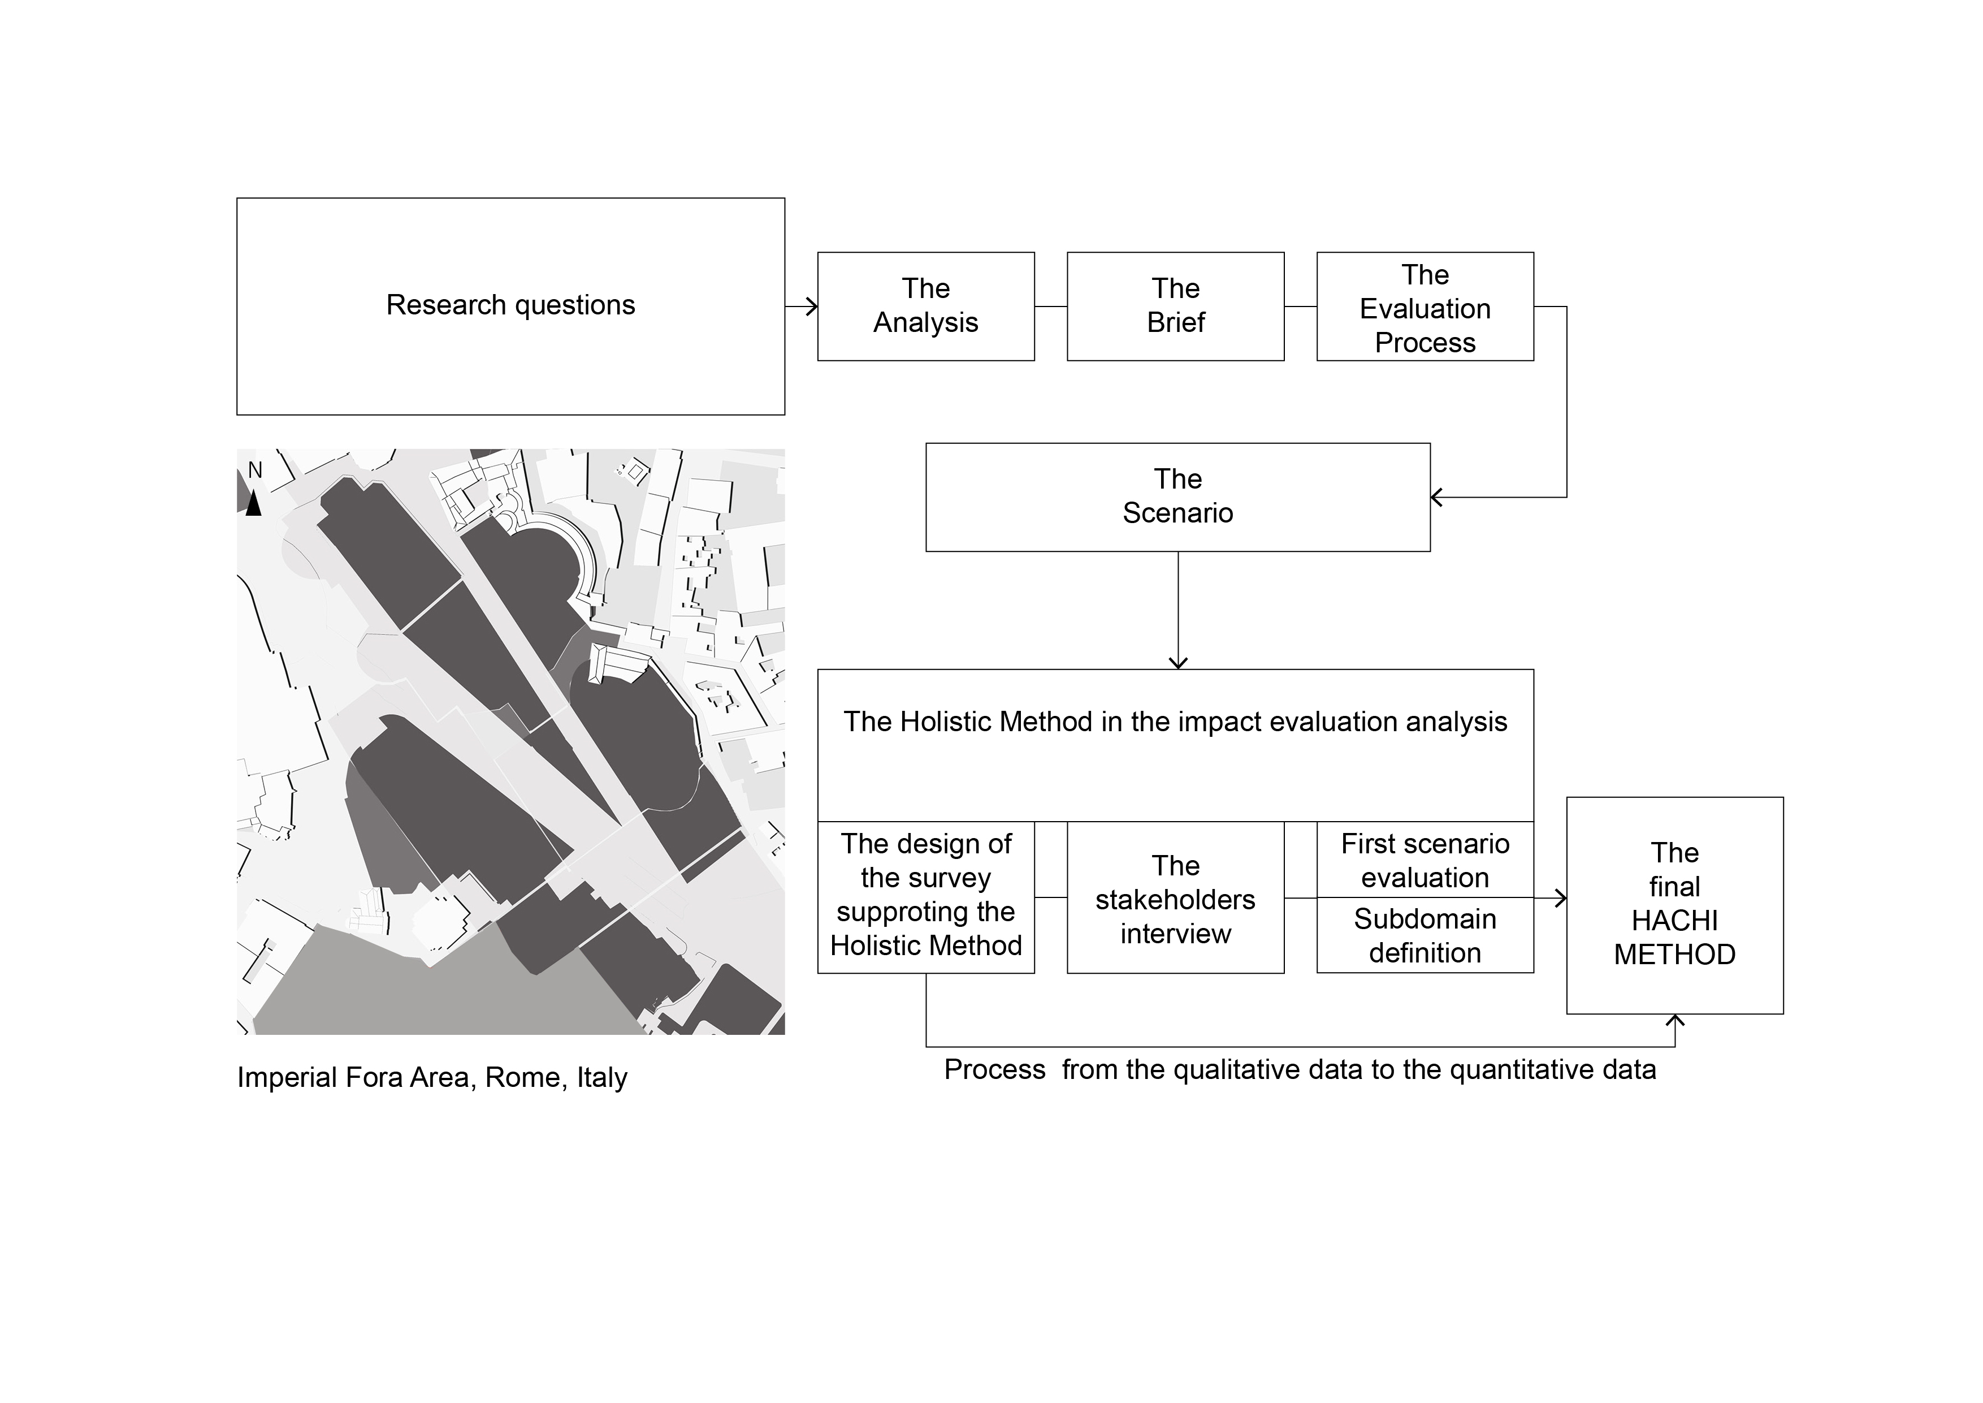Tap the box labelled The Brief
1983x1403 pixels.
(1175, 306)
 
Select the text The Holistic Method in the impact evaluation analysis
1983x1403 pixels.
(1175, 722)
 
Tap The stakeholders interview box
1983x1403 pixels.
(1175, 899)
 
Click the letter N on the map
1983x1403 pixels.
(255, 470)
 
